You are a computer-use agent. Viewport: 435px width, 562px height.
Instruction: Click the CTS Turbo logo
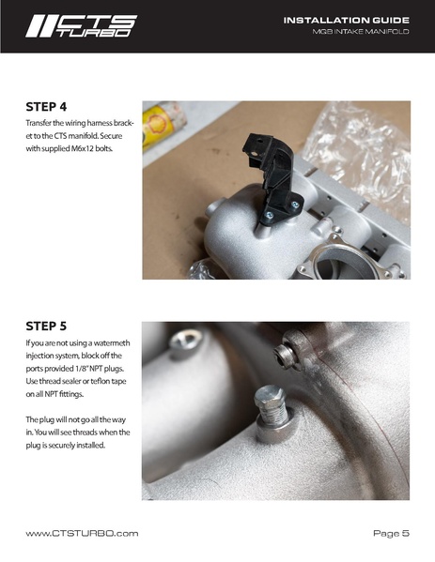coord(81,26)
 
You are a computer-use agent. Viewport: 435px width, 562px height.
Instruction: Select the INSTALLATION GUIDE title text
coord(347,20)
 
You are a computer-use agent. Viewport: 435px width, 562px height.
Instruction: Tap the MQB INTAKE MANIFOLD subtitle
coord(361,32)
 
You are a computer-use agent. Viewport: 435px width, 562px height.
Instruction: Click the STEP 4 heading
coord(46,107)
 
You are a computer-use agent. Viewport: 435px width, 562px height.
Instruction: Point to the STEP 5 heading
coord(46,327)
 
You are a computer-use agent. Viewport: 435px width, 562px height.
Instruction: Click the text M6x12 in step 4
coord(83,148)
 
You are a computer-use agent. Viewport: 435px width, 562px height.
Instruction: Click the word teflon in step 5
coord(101,381)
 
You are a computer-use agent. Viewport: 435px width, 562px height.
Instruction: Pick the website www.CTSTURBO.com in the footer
coord(82,533)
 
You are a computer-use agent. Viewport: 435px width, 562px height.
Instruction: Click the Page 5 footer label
coord(391,533)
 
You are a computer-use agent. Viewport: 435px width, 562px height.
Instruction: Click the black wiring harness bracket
coord(274,179)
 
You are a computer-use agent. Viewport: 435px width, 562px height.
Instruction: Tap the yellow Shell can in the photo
coord(163,125)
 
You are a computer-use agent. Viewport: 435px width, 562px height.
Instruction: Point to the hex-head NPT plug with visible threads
coord(271,407)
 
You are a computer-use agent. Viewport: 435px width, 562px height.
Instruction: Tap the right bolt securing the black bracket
coord(295,205)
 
